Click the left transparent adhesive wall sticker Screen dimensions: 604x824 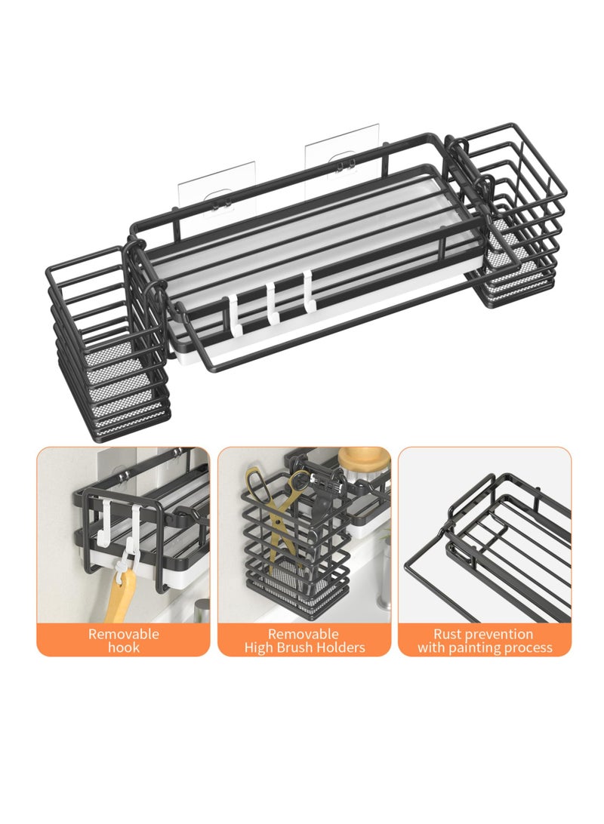[217, 190]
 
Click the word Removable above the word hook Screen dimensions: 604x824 [124, 634]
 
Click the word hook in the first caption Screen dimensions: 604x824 [124, 647]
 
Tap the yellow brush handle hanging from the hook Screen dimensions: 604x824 [119, 594]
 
